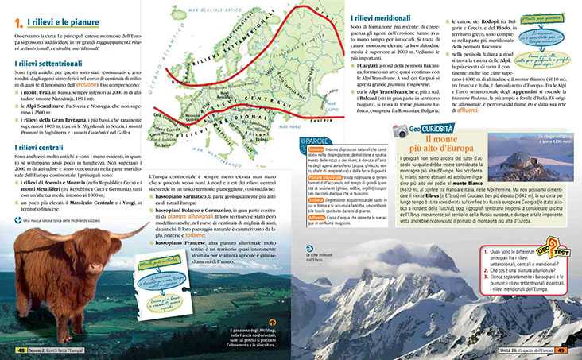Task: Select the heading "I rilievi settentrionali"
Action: (49, 61)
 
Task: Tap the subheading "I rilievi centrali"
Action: (39, 148)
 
